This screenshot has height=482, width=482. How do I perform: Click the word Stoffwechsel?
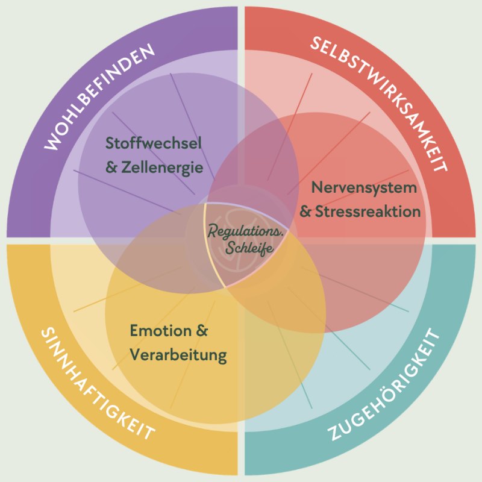[153, 144]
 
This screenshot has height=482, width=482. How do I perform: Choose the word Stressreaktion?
[368, 212]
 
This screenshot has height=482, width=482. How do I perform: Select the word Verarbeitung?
[178, 355]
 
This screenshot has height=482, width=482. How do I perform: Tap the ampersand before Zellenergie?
[111, 169]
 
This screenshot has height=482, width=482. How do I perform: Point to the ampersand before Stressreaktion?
[305, 213]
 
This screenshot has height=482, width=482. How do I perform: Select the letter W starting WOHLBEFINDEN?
[52, 145]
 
